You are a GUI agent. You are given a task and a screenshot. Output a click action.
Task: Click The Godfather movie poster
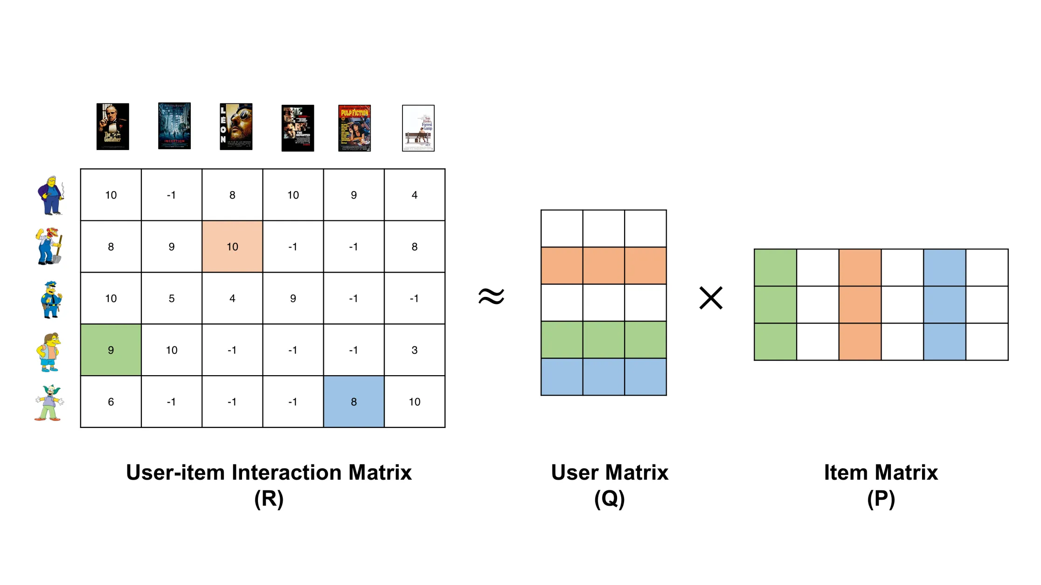[x=112, y=126]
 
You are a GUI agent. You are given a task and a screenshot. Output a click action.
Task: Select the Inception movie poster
[x=174, y=126]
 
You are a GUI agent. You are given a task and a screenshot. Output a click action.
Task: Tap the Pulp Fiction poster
[x=354, y=128]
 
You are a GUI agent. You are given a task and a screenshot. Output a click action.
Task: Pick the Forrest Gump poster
[x=418, y=128]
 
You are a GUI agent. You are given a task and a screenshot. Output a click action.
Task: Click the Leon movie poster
[x=236, y=126]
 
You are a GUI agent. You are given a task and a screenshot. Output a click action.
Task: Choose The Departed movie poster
[x=298, y=128]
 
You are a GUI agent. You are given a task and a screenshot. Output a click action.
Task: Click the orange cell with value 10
[x=232, y=247]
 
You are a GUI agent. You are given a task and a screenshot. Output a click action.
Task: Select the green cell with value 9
[x=111, y=350]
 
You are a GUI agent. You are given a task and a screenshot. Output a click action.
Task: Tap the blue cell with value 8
[x=354, y=402]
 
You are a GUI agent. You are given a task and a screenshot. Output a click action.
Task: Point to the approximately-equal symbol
[x=491, y=296]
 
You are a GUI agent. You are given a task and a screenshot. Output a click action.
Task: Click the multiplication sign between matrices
[x=711, y=298]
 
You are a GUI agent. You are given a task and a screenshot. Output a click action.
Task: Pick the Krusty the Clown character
[x=49, y=403]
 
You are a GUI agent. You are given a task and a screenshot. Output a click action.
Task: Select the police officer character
[x=50, y=300]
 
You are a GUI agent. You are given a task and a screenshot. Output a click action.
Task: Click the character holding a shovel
[x=49, y=247]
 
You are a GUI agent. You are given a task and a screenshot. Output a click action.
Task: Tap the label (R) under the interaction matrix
[x=269, y=499]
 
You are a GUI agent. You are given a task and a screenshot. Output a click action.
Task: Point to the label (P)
[x=881, y=499]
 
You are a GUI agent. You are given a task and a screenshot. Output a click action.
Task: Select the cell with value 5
[x=172, y=298]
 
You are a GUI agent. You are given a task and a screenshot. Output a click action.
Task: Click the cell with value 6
[x=111, y=402]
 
